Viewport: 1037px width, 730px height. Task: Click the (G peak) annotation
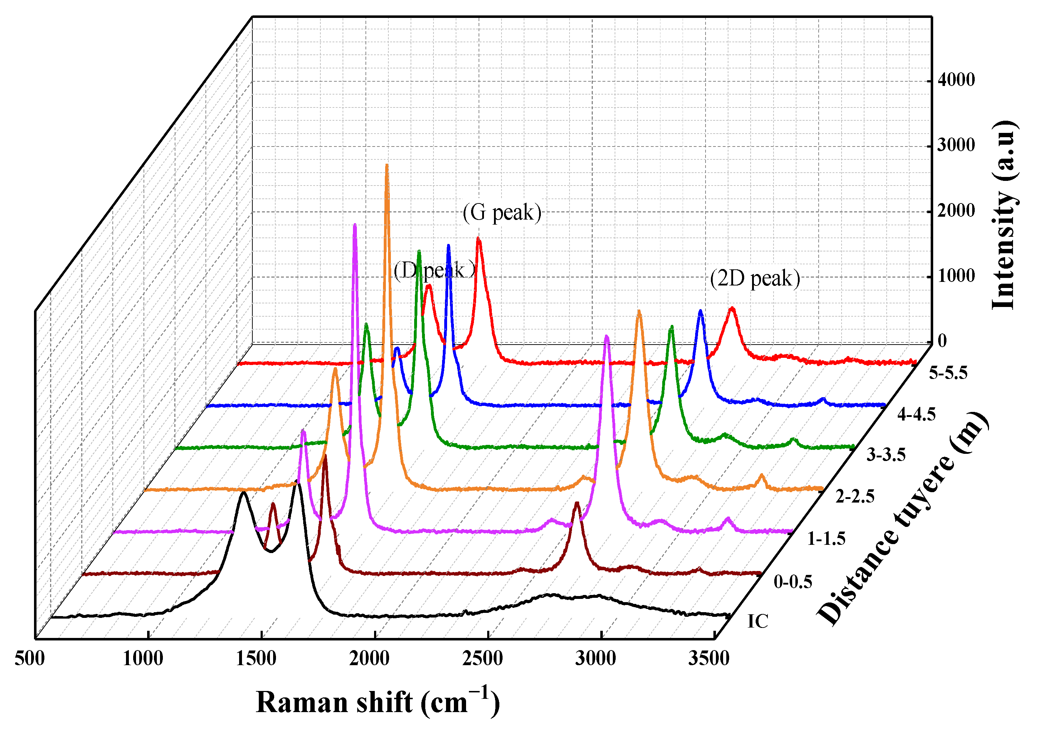pyautogui.click(x=502, y=212)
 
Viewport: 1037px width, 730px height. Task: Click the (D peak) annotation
pyautogui.click(x=434, y=271)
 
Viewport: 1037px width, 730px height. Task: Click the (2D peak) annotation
pyautogui.click(x=755, y=278)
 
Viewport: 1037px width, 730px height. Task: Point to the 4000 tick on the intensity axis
pyautogui.click(x=956, y=80)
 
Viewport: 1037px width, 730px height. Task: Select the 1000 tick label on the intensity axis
pyautogui.click(x=956, y=276)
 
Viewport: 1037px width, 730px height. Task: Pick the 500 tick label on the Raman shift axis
pyautogui.click(x=30, y=659)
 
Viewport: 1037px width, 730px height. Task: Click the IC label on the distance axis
pyautogui.click(x=757, y=621)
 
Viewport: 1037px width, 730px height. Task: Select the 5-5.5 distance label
pyautogui.click(x=948, y=373)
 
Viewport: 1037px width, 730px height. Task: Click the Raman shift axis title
pyautogui.click(x=378, y=702)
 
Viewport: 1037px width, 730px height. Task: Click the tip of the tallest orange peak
pyautogui.click(x=387, y=166)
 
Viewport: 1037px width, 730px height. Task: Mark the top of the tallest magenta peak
pyautogui.click(x=354, y=225)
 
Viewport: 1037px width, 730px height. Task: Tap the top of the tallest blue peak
pyautogui.click(x=448, y=246)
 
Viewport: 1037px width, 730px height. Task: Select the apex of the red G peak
pyautogui.click(x=478, y=239)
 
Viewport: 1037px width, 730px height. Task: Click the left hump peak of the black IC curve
pyautogui.click(x=243, y=492)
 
